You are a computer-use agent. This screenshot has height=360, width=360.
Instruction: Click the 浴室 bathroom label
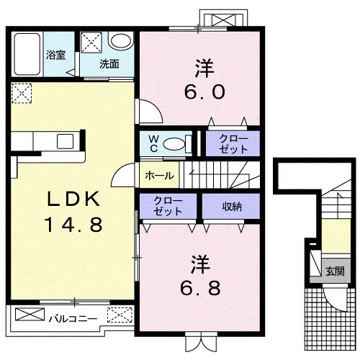[55, 55]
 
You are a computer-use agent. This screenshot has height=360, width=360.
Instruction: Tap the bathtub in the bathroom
[27, 54]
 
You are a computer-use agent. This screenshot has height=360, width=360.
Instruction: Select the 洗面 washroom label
[109, 64]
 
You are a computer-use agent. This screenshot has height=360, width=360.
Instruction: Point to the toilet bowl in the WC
[174, 144]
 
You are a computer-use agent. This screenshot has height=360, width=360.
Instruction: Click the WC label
[153, 143]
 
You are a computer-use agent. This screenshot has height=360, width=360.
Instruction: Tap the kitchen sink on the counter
[65, 141]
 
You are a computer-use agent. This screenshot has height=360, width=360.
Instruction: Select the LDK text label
[73, 199]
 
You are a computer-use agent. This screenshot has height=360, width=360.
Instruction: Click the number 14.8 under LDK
[74, 225]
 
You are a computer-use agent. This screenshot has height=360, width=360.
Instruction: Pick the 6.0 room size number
[204, 92]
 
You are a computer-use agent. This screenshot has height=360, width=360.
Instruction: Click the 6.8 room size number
[200, 288]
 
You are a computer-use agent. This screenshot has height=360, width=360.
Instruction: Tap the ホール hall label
[159, 176]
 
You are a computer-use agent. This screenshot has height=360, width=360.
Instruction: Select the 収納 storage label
[232, 206]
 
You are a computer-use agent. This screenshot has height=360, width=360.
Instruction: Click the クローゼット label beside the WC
[233, 144]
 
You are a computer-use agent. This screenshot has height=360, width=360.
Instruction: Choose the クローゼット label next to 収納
[168, 206]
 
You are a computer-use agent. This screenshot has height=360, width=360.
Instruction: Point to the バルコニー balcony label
[73, 319]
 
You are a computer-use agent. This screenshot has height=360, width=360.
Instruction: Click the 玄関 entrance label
[335, 271]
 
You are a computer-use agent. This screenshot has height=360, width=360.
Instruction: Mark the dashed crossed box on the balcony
[120, 315]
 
